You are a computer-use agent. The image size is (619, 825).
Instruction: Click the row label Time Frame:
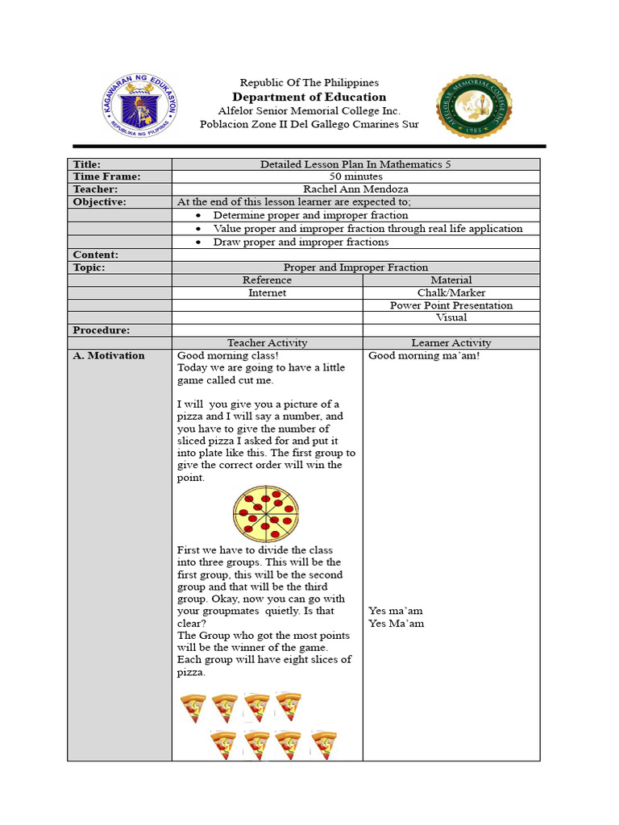[x=106, y=176]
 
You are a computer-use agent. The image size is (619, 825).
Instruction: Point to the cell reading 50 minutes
[x=356, y=176]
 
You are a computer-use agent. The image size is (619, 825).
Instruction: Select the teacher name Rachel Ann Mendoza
[x=356, y=189]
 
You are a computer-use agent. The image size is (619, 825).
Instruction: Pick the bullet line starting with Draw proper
[x=300, y=242]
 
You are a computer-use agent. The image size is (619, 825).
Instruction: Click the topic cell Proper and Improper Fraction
[x=356, y=267]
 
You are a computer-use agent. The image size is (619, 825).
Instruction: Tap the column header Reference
[x=267, y=280]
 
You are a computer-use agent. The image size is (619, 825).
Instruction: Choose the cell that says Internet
[x=267, y=293]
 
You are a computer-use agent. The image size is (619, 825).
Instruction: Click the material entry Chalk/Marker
[x=451, y=293]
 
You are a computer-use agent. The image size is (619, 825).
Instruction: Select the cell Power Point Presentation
[x=451, y=305]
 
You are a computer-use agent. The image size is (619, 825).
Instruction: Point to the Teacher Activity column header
[x=267, y=343]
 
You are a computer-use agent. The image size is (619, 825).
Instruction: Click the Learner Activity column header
[x=451, y=343]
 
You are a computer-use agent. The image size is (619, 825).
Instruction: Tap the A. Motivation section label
[x=109, y=355]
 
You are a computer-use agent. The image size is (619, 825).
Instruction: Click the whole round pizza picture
[x=266, y=514]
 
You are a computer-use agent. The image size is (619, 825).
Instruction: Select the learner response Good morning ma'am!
[x=424, y=355]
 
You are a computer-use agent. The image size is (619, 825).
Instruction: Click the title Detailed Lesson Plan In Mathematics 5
[x=356, y=164]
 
